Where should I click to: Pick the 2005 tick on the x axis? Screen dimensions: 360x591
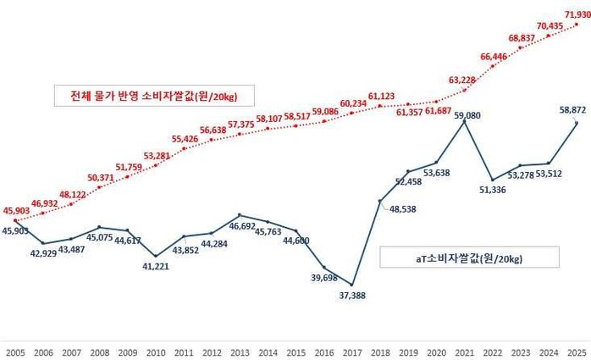(x=15, y=350)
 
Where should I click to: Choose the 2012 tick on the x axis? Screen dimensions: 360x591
(x=212, y=350)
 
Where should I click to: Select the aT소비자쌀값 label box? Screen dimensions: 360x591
(x=469, y=258)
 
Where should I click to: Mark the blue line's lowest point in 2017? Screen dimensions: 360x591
(x=351, y=285)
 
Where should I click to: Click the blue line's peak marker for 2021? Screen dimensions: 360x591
(x=464, y=121)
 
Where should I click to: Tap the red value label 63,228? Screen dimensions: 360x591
(x=462, y=81)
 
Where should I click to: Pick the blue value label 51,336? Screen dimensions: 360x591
(x=492, y=190)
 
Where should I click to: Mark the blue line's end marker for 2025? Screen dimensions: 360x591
(x=577, y=123)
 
